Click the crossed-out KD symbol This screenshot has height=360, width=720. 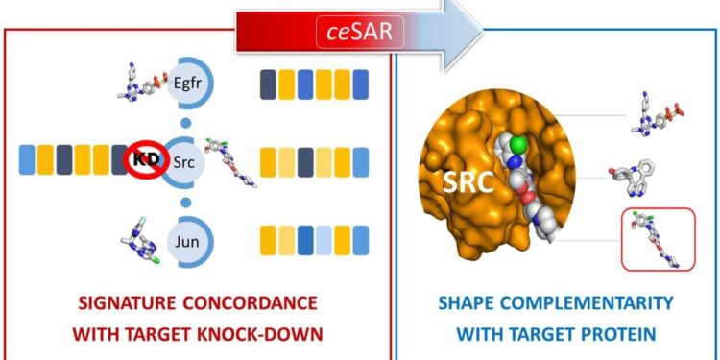point(142,156)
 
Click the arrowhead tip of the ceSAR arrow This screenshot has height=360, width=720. point(481,30)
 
